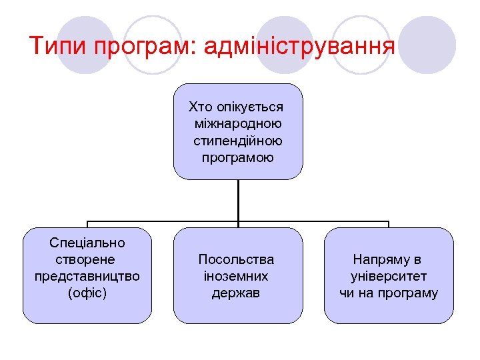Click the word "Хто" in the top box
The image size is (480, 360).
tap(201, 107)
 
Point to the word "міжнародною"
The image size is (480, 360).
tap(238, 124)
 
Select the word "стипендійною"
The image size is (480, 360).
tap(238, 141)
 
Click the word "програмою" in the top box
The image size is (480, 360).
tap(238, 158)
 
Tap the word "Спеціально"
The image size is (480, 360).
tap(87, 243)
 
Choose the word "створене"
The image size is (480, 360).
tap(87, 259)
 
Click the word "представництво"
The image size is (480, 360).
tap(87, 276)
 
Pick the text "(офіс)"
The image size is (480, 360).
tap(87, 293)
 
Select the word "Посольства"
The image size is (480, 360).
tap(236, 259)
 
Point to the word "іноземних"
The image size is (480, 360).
tap(236, 276)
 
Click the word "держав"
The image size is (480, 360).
tap(236, 293)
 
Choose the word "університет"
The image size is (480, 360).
tap(389, 276)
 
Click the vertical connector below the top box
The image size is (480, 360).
tap(238, 200)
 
